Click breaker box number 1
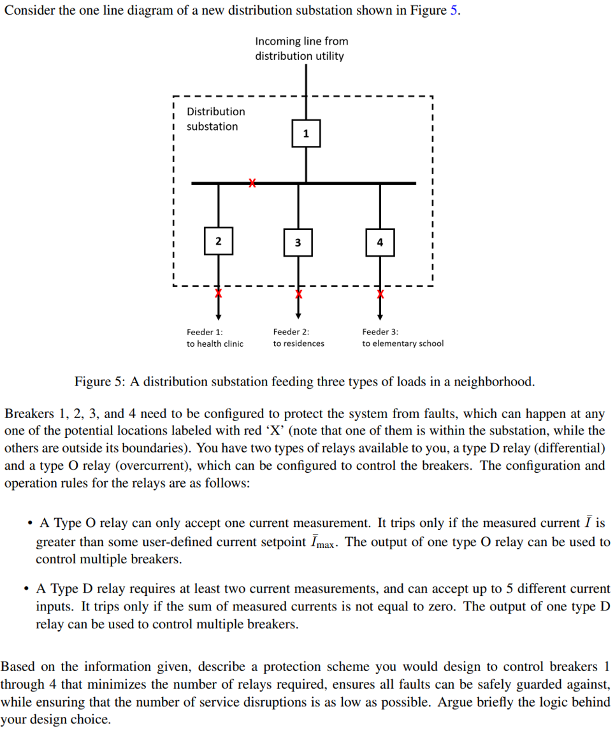point(306,133)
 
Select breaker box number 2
point(218,241)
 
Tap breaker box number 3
point(298,243)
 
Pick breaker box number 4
point(380,242)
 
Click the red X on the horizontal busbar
point(252,184)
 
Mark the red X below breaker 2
point(218,294)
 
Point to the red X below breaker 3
point(298,294)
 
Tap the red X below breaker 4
point(380,294)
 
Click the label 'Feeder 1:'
point(205,331)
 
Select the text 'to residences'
point(298,343)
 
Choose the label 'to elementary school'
point(403,343)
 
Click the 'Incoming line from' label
point(301,41)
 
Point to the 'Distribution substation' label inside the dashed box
point(215,119)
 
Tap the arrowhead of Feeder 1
point(218,315)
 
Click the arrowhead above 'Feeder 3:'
point(380,315)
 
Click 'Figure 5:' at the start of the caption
point(101,382)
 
